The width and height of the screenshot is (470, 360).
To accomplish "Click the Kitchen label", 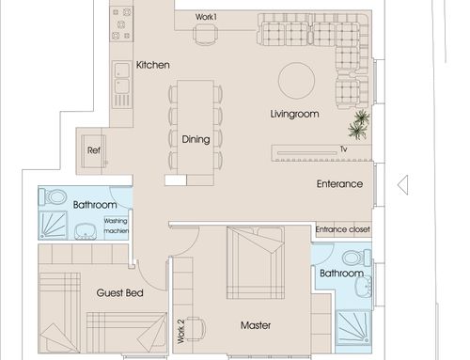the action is coord(153,65).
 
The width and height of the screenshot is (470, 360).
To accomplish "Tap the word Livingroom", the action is coord(294,114).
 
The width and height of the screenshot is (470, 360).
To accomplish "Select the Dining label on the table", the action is coord(196,139).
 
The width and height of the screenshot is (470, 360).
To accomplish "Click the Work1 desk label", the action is coord(206,17).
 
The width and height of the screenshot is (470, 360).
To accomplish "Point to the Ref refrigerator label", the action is coord(94,150).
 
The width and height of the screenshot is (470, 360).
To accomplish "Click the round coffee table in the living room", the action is coord(296,81).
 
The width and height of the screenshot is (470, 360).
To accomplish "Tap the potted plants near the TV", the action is coord(359,124).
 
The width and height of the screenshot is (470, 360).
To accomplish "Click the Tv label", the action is coord(344,149).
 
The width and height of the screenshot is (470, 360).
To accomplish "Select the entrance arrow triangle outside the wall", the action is coord(403,185).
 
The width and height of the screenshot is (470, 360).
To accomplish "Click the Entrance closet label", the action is coord(343,229).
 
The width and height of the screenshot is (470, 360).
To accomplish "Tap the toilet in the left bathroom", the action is coord(53,197).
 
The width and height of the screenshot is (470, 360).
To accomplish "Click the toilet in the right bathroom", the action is coord(357,258).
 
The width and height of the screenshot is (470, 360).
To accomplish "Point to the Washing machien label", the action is coord(116,226).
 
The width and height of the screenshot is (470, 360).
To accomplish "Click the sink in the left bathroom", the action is coord(86,231).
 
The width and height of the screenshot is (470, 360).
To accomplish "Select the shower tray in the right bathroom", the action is coord(353,327).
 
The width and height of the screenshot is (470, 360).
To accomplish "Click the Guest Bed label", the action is coord(120,293).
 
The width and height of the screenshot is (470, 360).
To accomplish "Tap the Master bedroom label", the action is coord(256,325).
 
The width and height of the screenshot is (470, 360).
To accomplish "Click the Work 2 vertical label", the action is coord(180,332).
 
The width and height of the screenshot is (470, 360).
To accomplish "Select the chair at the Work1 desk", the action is coord(206,34).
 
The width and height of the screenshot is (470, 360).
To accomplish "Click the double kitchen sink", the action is coord(121,78).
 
